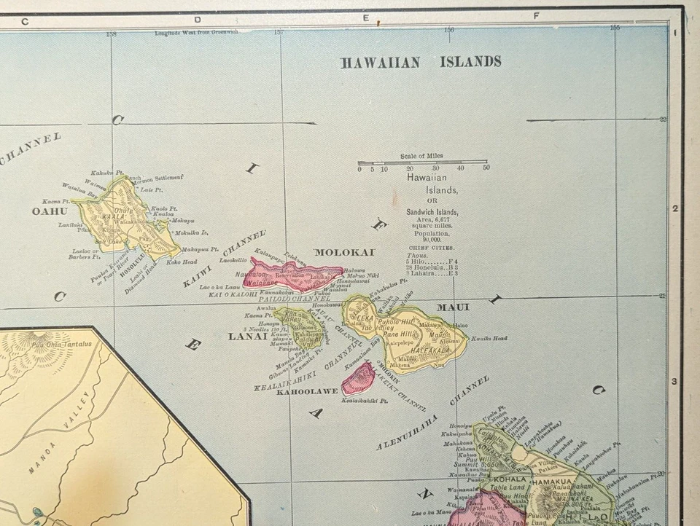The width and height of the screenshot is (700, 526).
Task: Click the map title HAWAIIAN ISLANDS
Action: tap(421, 62)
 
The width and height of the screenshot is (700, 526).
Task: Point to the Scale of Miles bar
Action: tap(422, 162)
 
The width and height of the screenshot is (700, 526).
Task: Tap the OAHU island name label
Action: tap(49, 211)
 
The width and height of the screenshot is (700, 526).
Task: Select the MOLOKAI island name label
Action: tap(344, 252)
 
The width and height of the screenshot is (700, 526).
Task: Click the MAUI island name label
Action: tap(453, 307)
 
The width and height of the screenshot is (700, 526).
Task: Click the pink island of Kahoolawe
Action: tap(358, 379)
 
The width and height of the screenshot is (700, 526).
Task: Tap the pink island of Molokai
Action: tap(292, 274)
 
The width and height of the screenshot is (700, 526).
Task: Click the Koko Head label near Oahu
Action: tap(182, 262)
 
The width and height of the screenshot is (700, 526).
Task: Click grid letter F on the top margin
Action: tap(536, 15)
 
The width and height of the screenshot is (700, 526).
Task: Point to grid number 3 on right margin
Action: tap(675, 381)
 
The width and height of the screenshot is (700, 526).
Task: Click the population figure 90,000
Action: tap(426, 240)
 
